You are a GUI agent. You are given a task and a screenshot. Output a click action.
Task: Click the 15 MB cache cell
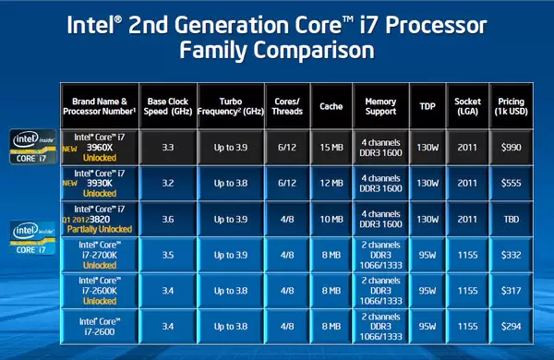pyautogui.click(x=329, y=146)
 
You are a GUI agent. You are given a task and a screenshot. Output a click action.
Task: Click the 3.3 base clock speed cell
pyautogui.click(x=167, y=146)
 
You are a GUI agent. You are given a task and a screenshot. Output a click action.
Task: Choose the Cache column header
pyautogui.click(x=329, y=106)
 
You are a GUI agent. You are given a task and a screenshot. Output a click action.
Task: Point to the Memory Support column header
pyautogui.click(x=380, y=106)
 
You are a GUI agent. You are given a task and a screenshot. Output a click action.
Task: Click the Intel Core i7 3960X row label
pyautogui.click(x=102, y=146)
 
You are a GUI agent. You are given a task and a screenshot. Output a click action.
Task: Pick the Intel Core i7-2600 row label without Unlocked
pyautogui.click(x=102, y=323)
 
